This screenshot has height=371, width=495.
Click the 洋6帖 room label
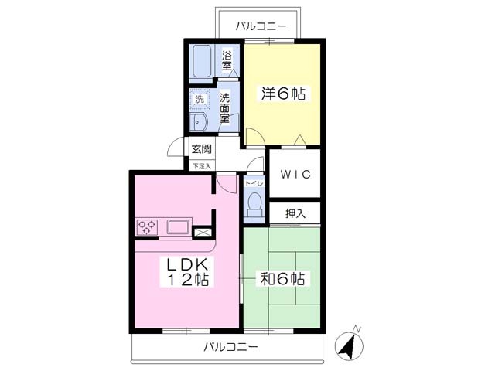click(282, 94)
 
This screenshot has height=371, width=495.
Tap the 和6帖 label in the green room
click(282, 279)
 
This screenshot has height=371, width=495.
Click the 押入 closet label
click(295, 213)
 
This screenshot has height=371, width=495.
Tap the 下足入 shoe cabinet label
click(201, 165)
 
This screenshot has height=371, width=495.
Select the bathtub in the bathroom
click(202, 61)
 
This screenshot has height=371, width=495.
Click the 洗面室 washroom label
click(224, 108)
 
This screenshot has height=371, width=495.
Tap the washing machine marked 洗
click(200, 99)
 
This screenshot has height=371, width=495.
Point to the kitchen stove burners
click(147, 227)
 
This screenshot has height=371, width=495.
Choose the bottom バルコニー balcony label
click(231, 347)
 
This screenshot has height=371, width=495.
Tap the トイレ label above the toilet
click(253, 183)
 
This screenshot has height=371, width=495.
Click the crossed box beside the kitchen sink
click(203, 230)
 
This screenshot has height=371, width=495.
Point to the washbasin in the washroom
click(200, 124)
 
